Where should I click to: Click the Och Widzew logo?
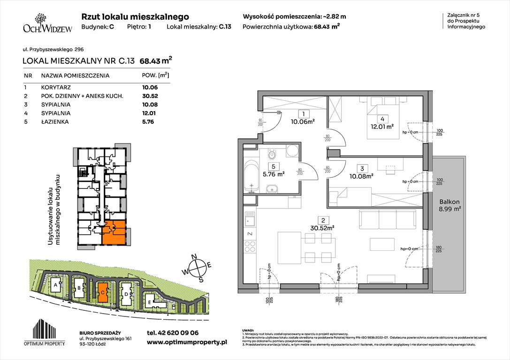[41, 24]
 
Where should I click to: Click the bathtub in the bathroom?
[251, 176]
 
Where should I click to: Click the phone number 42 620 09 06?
[173, 333]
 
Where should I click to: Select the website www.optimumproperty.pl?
[187, 343]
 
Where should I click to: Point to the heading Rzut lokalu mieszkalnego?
[135, 16]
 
